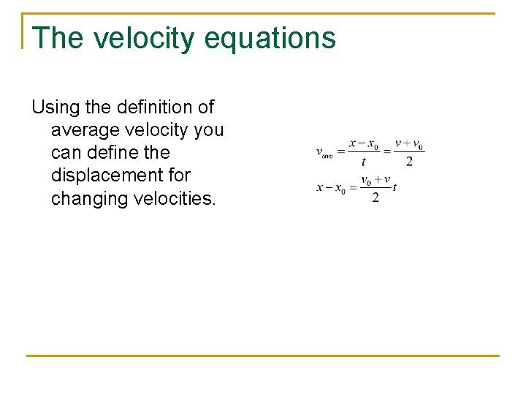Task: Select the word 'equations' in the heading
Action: click(x=270, y=38)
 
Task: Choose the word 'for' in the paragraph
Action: click(x=178, y=176)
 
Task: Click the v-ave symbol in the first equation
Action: click(x=324, y=153)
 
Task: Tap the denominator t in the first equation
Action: click(x=363, y=162)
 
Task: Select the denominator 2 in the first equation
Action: click(x=409, y=162)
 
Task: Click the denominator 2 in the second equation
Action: click(x=376, y=198)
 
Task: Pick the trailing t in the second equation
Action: click(x=394, y=187)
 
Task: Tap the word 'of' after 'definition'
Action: click(x=205, y=108)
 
